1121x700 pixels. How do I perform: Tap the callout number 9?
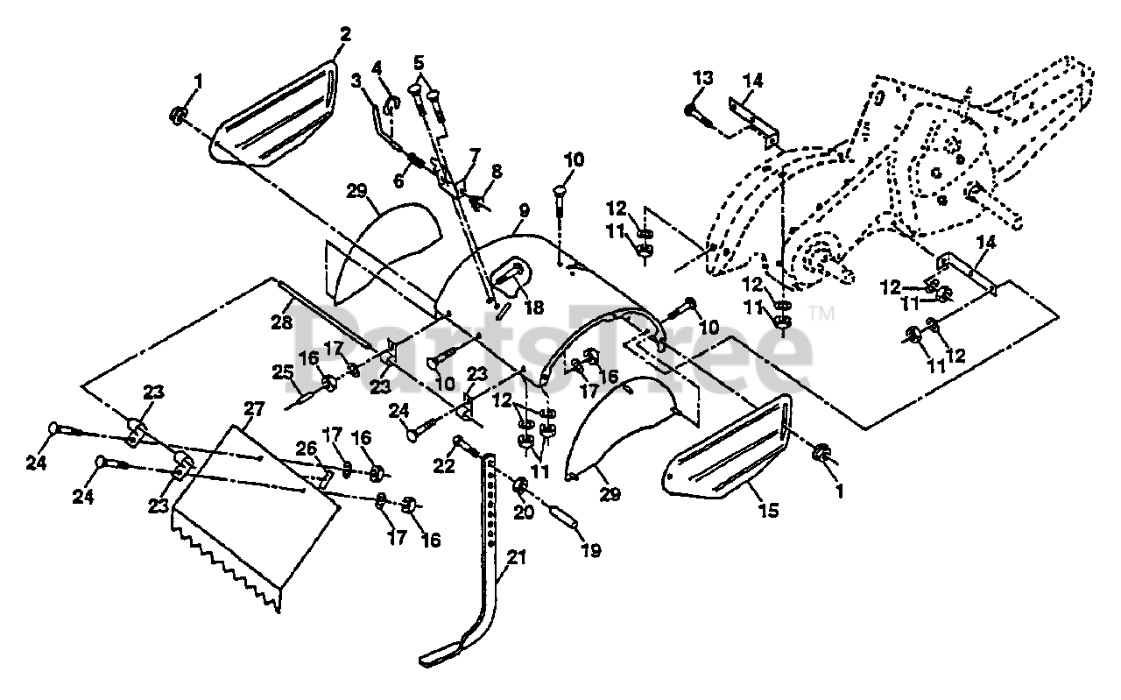[524, 211]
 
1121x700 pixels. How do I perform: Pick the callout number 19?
[592, 551]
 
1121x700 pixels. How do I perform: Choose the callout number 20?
[523, 513]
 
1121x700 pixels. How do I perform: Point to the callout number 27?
[253, 409]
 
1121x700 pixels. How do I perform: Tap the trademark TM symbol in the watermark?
[822, 312]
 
